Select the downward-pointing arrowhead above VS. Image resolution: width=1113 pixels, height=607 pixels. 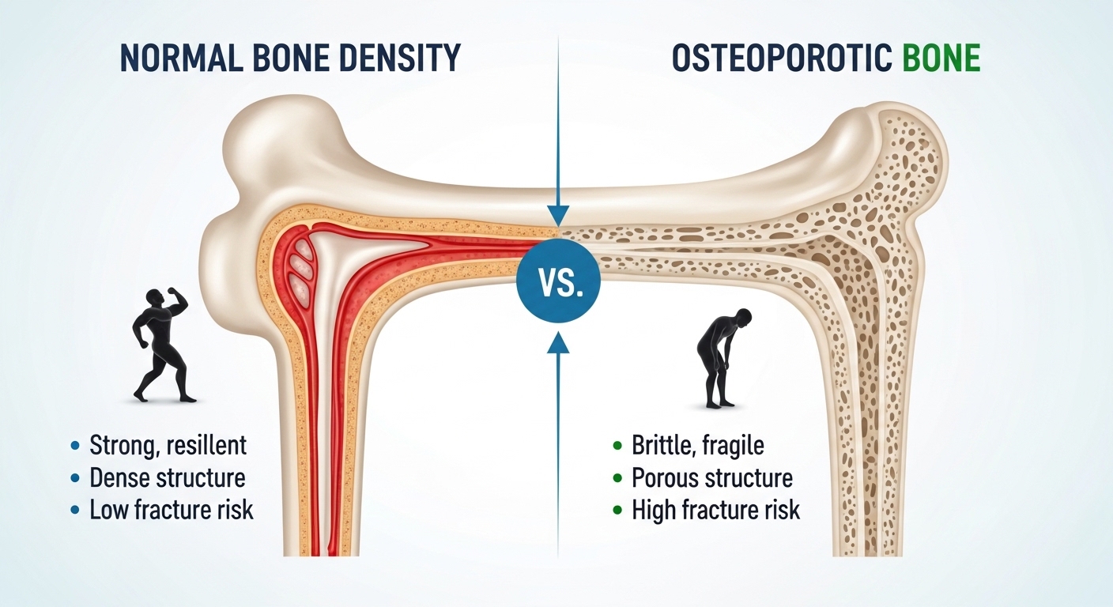558,215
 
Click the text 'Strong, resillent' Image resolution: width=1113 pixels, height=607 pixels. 168,445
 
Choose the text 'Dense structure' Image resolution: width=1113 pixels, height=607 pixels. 167,477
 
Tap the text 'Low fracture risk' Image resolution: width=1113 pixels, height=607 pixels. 172,510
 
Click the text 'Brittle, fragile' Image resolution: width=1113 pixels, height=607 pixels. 698,445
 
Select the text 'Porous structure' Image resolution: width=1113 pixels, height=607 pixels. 712,477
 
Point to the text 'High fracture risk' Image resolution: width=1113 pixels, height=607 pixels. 716,510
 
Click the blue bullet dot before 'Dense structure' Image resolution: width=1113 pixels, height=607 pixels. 75,478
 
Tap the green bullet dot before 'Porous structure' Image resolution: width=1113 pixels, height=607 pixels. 617,478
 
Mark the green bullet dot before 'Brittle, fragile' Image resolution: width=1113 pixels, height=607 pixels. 617,446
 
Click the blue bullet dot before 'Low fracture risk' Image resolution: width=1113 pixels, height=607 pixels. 75,511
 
